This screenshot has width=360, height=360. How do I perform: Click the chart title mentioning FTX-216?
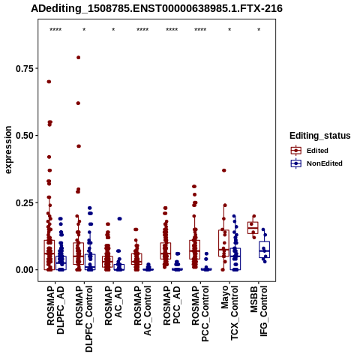(x=157, y=8)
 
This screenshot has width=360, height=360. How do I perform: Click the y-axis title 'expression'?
(x=8, y=150)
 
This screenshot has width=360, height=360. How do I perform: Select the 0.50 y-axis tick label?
(x=25, y=136)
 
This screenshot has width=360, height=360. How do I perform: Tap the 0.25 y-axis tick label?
(x=25, y=202)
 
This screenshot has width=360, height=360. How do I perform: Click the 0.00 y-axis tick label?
(x=25, y=270)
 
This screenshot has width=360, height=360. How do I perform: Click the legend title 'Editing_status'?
(x=320, y=136)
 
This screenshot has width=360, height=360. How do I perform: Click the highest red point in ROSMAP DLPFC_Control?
(x=78, y=58)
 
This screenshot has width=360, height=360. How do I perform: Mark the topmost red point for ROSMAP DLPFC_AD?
(x=49, y=82)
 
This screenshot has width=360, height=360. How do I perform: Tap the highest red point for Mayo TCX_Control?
(x=224, y=170)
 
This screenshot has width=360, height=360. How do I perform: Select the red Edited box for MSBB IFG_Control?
(x=253, y=228)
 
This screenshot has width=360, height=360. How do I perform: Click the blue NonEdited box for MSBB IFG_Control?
(x=264, y=250)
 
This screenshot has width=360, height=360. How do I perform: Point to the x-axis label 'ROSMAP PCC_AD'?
(x=172, y=305)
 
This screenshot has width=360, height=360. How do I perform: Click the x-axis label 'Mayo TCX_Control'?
(x=229, y=313)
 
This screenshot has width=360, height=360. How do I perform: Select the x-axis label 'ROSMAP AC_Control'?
(x=142, y=310)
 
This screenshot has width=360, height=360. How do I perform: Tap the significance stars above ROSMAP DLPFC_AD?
(x=55, y=30)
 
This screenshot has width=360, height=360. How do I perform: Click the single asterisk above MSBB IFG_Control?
(x=259, y=30)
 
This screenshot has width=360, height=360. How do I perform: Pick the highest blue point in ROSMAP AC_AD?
(x=119, y=219)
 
